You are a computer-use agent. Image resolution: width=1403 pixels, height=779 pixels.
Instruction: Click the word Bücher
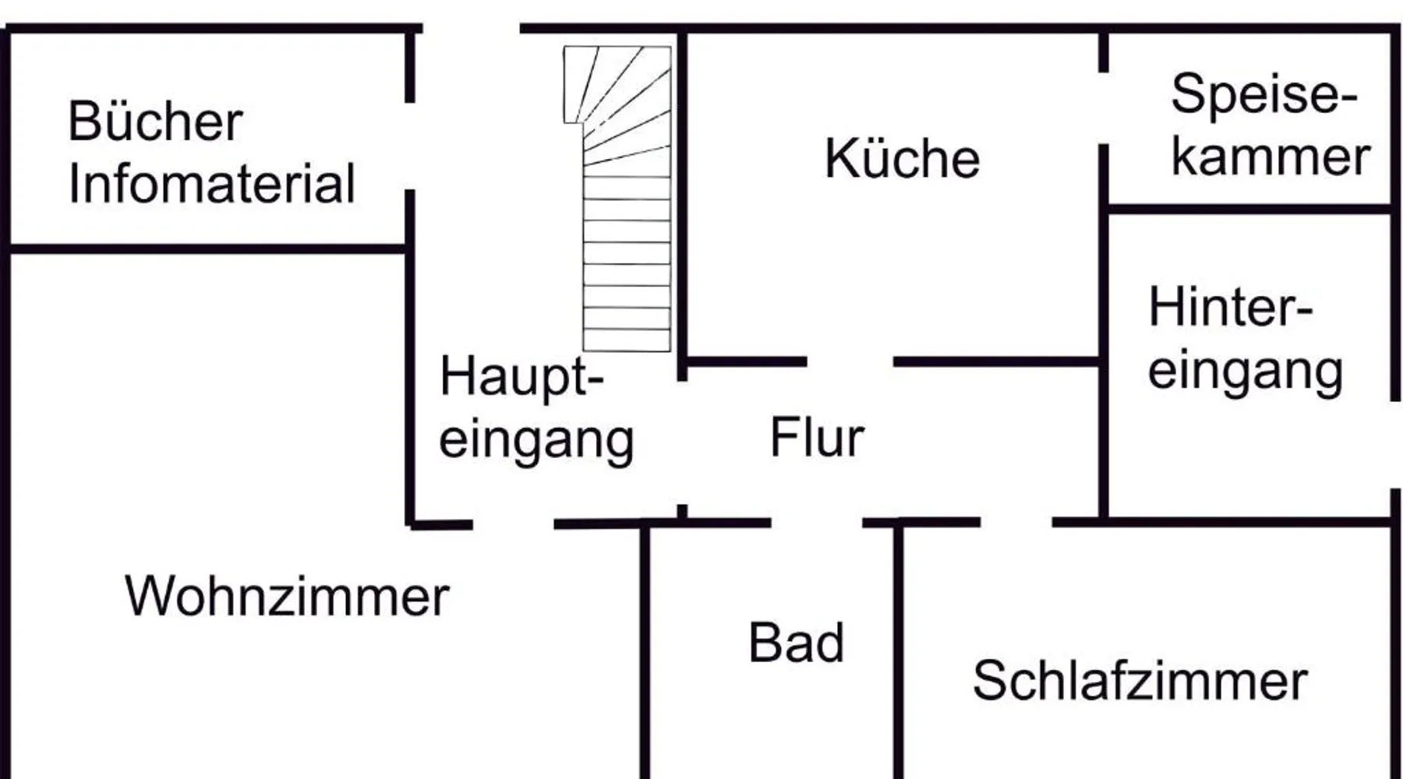click(x=155, y=122)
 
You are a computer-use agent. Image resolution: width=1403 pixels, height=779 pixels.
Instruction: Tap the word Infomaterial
click(x=211, y=184)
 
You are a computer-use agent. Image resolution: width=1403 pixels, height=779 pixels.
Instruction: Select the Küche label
click(x=902, y=159)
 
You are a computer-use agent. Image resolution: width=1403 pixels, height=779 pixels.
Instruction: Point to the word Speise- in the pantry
click(x=1263, y=95)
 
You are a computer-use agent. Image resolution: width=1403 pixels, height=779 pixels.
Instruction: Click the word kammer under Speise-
click(x=1270, y=157)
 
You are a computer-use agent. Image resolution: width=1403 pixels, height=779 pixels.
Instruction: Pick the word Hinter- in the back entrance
click(x=1230, y=308)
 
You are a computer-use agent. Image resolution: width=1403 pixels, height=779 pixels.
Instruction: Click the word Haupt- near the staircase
click(x=521, y=377)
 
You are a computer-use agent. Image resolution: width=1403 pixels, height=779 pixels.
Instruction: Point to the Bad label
click(x=796, y=643)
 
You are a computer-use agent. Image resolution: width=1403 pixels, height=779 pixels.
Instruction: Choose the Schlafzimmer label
click(x=1140, y=680)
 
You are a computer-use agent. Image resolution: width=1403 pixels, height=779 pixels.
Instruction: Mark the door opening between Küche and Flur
click(x=850, y=361)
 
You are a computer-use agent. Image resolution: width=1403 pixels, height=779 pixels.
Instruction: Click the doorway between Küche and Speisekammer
click(x=1104, y=108)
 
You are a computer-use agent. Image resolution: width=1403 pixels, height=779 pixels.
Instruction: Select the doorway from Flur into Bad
click(x=817, y=523)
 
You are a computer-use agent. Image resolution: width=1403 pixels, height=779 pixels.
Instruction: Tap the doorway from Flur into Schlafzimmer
click(x=1016, y=522)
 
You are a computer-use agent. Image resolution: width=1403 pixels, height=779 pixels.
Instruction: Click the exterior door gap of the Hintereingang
click(x=1394, y=445)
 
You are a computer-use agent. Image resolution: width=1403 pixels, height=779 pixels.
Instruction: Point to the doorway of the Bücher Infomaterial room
click(x=409, y=146)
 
